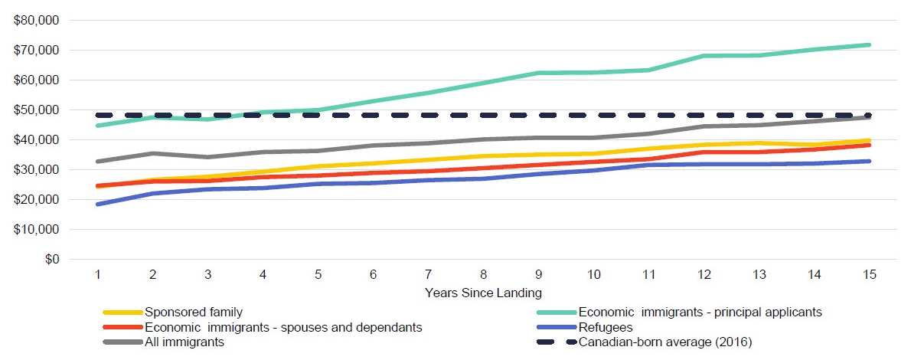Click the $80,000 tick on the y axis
tap(36, 21)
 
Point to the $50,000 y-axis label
tap(36, 110)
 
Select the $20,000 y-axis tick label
tap(36, 200)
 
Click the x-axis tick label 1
tap(98, 275)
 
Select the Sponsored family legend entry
tap(194, 313)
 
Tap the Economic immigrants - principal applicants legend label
tap(700, 313)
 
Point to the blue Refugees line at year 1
tap(98, 204)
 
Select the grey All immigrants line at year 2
tap(154, 153)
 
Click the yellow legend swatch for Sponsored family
tap(122, 313)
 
